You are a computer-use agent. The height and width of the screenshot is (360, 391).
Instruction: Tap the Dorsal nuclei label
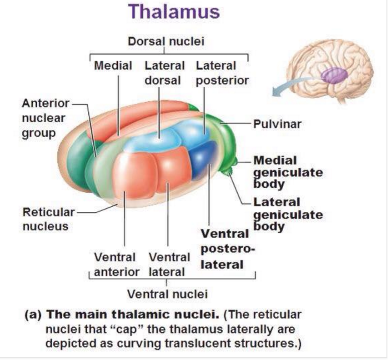coord(166,41)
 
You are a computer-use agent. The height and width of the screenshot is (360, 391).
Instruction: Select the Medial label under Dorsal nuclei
coord(113,66)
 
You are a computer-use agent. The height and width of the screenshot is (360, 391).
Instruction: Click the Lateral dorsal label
coord(164,73)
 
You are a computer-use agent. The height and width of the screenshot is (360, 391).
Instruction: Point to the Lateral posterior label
coord(222,73)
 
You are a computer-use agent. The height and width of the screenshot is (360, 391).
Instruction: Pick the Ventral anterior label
coord(116,265)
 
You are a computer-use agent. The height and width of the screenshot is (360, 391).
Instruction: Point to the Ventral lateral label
coord(169,265)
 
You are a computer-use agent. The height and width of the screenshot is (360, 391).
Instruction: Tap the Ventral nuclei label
coord(167,294)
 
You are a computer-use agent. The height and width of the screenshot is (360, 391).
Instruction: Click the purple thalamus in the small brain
coord(335,75)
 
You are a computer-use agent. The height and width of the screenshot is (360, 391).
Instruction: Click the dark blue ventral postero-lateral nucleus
coord(204,159)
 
